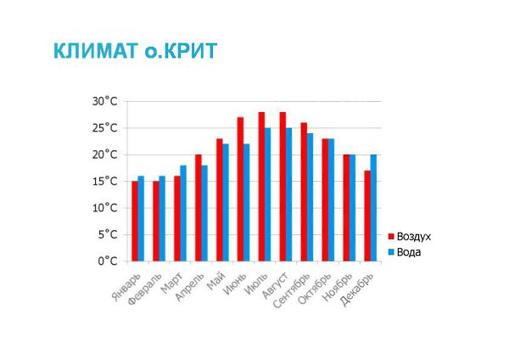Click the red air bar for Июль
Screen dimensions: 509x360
point(261,187)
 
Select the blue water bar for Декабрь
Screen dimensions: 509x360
point(373,208)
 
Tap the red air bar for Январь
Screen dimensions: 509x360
point(135,222)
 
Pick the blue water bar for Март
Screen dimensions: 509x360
point(183,213)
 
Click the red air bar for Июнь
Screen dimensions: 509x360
point(241,189)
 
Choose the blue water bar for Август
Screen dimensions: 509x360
point(289,194)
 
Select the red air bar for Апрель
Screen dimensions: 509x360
point(199,208)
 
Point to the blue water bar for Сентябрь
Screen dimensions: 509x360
point(310,197)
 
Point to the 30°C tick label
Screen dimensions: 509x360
point(104,101)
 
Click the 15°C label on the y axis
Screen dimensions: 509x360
point(104,182)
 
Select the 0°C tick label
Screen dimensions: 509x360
point(108,262)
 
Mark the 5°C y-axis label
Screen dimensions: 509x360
point(108,234)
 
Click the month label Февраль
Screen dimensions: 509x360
point(145,289)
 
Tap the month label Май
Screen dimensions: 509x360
point(216,281)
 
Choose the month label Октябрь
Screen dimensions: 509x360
point(315,289)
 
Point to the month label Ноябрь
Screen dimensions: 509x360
point(338,287)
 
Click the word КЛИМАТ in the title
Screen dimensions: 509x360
point(96,51)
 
